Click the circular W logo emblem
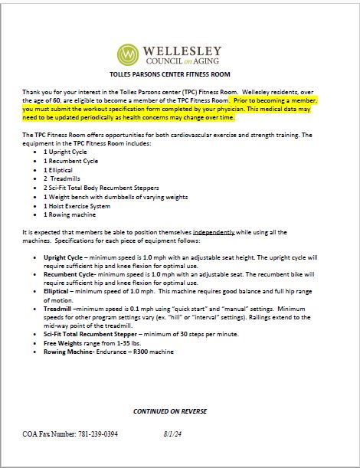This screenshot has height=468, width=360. click(x=129, y=56)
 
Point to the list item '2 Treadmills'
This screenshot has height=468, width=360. click(x=64, y=178)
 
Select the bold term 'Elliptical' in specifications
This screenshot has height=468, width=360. click(x=57, y=290)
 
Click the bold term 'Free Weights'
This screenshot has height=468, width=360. click(x=62, y=342)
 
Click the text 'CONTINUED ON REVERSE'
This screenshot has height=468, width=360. click(x=170, y=411)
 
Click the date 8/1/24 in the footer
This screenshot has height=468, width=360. click(x=174, y=434)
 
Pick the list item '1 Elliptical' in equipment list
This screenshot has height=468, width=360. click(x=62, y=170)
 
